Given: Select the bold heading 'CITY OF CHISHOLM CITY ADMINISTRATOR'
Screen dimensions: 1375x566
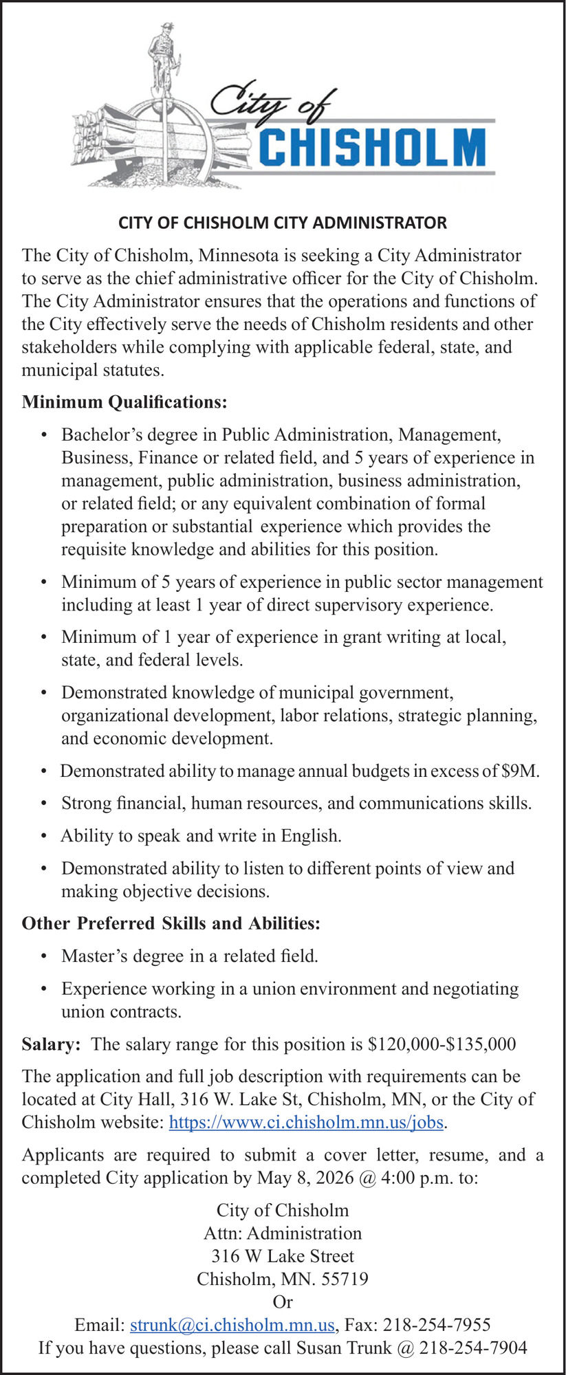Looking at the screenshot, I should [x=283, y=223].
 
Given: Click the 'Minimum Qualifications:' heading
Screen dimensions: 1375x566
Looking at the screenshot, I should [x=124, y=401].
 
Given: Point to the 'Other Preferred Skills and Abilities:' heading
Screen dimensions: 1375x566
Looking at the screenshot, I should [x=171, y=923].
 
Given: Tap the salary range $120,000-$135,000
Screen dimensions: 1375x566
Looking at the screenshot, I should [x=442, y=1044].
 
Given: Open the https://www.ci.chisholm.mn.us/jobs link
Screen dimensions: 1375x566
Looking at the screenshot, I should [x=306, y=1123].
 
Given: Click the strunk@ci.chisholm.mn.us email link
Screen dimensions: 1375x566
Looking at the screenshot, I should [x=232, y=1325].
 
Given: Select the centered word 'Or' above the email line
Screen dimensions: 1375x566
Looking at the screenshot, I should [x=283, y=1302].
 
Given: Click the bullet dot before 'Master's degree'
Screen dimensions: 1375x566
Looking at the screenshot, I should [x=44, y=956].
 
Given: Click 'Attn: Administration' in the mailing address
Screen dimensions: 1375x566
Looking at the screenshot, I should [x=283, y=1233].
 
